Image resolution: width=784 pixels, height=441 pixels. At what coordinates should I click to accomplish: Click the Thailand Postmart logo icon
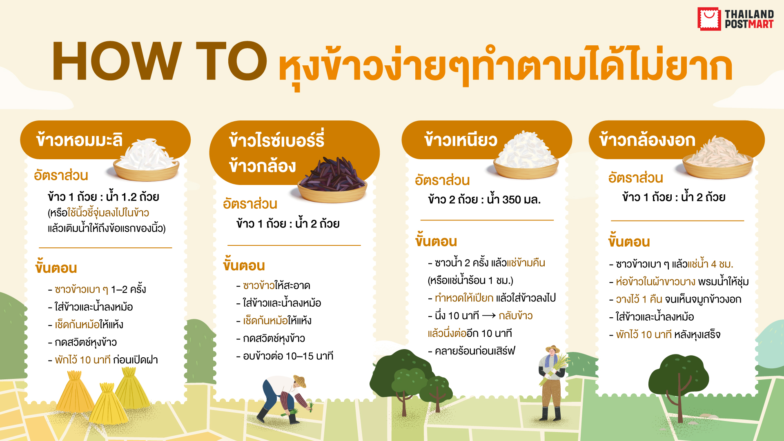coord(709,19)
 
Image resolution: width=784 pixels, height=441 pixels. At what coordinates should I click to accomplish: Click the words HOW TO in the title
coord(160,61)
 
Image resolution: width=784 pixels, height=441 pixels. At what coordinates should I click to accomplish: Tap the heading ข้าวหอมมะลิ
coord(79,140)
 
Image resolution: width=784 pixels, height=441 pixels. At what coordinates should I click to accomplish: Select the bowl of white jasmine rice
coord(146,159)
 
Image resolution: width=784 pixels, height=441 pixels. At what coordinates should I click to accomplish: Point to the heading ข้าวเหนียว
coord(461,140)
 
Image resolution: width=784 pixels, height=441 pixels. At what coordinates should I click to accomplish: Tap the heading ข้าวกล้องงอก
coord(647,140)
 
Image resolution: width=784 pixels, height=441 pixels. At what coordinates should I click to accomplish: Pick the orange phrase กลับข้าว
coord(516,316)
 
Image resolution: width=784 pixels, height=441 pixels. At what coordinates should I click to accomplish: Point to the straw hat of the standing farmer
coord(552,349)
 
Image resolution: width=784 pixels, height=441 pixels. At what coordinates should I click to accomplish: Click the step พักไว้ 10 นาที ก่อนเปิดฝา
coord(103,360)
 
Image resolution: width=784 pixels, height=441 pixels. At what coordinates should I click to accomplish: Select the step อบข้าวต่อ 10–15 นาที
coord(285,356)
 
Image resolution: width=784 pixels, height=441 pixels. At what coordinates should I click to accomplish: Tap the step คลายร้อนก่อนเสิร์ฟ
coord(472,351)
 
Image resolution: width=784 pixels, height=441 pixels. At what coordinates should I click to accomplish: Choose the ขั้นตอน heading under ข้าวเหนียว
coord(436,241)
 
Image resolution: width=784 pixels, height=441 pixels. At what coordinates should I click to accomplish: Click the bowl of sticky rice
coord(526,155)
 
